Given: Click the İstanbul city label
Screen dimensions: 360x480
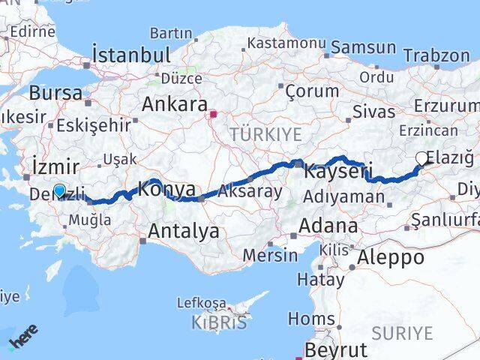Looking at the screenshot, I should [130, 55].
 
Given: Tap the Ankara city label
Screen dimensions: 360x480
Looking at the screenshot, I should [174, 103].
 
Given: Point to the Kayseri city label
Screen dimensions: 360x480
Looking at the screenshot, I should [338, 172].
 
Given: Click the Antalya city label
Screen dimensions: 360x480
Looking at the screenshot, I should [184, 231].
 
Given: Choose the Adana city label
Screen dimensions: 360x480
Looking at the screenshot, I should [328, 225].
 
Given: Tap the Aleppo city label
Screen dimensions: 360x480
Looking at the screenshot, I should [391, 257].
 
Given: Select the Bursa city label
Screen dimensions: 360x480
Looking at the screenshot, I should [55, 93].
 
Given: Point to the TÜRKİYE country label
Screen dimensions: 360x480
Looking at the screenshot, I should [266, 134].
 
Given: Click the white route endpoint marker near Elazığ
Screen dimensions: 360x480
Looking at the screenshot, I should [422, 157].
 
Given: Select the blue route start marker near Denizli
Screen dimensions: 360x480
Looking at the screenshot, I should [59, 190].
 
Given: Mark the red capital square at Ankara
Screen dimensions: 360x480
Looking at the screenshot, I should [214, 115].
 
